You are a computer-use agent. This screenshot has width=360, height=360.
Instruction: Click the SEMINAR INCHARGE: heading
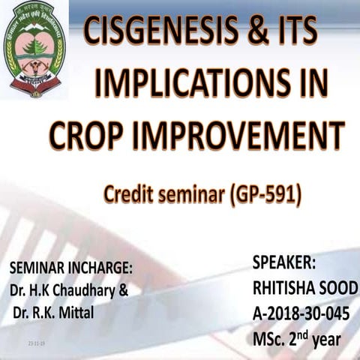[x=70, y=268]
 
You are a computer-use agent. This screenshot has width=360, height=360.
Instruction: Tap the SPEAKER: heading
[x=284, y=263]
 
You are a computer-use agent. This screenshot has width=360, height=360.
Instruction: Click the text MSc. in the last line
[x=269, y=340]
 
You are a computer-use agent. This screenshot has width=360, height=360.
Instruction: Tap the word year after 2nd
[x=323, y=340]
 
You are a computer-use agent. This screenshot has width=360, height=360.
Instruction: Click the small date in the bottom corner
[x=36, y=342]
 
